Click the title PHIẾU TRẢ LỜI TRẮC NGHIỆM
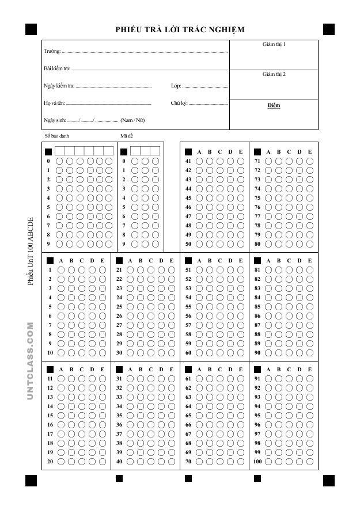point(180,29)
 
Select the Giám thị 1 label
point(274,44)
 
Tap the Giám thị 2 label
point(274,74)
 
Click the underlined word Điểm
point(274,106)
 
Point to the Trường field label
point(52,52)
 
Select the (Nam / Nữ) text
point(132,120)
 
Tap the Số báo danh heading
point(56,136)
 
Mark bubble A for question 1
point(61,270)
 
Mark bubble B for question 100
point(278,462)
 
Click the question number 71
point(257,161)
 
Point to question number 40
point(119,462)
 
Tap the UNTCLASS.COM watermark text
point(31,361)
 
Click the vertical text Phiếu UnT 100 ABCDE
point(31,252)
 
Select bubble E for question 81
point(310,270)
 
